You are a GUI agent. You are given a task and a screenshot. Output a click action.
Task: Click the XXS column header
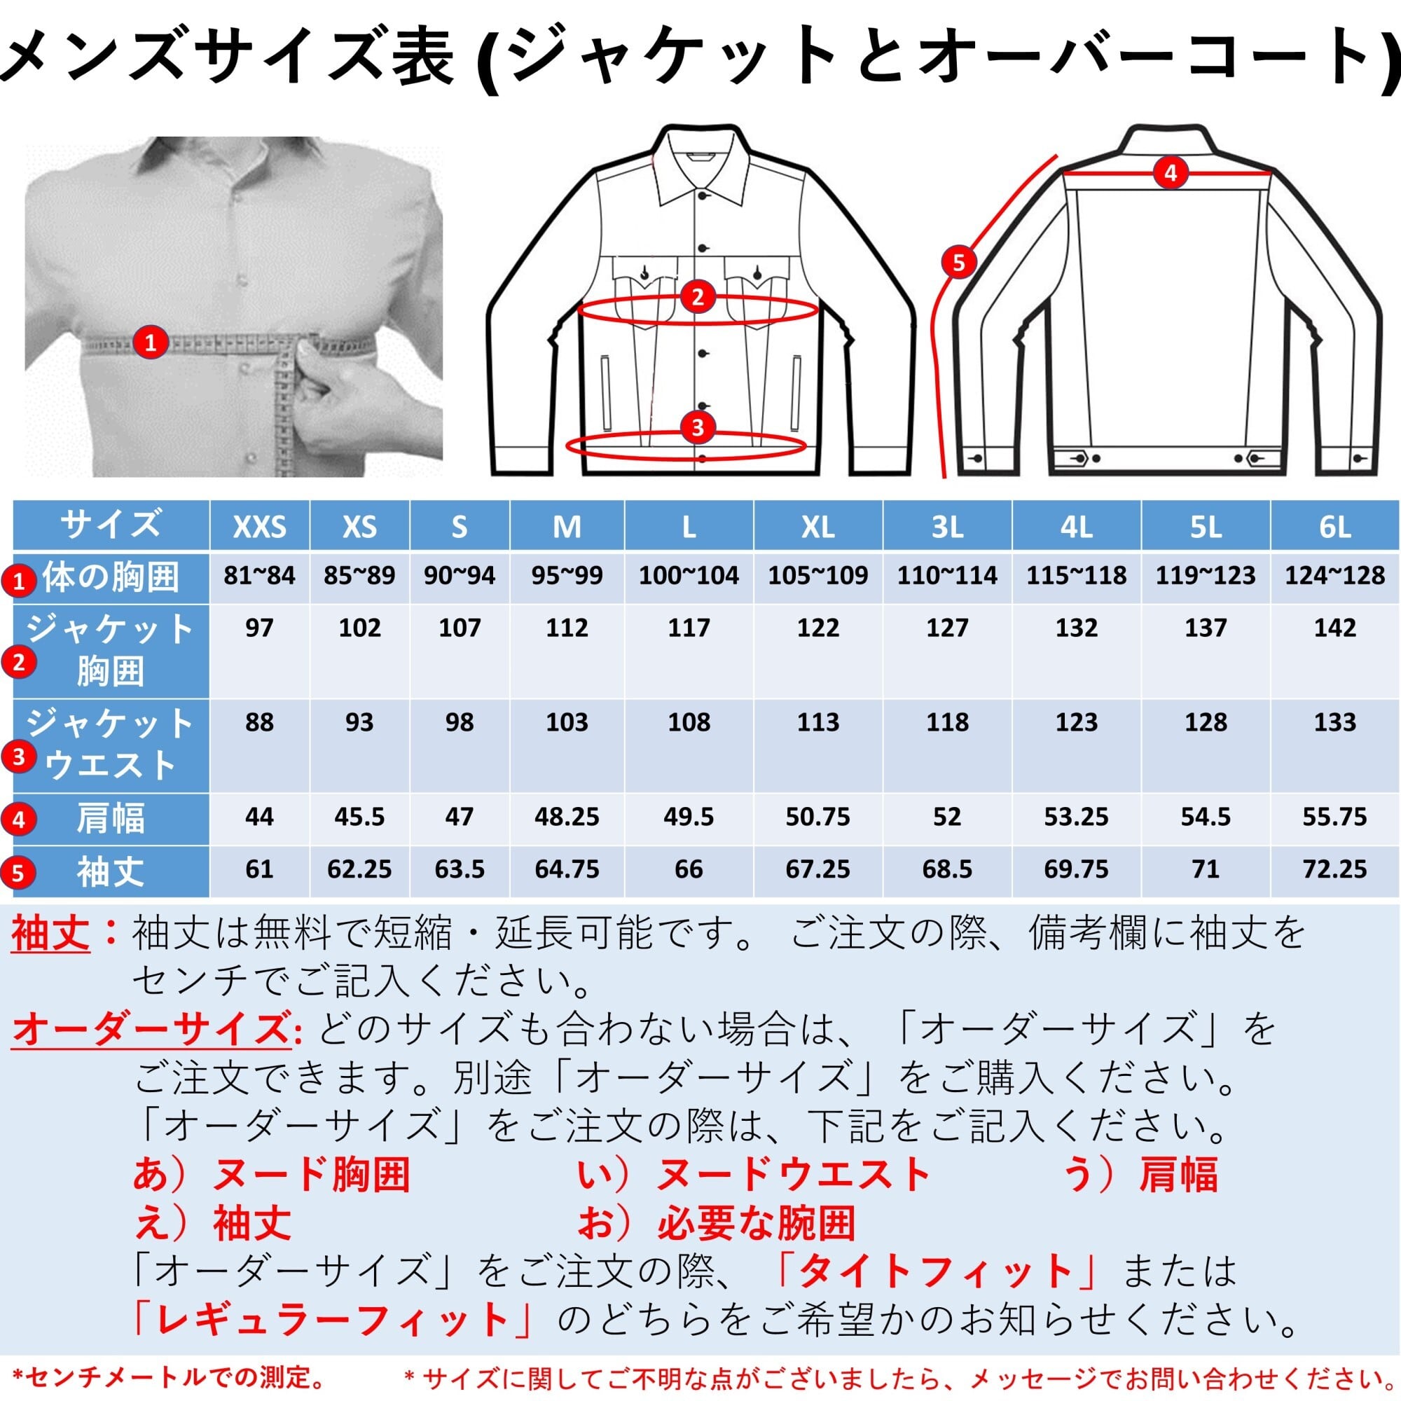(259, 527)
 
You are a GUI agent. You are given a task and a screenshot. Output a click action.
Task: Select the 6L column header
(1335, 527)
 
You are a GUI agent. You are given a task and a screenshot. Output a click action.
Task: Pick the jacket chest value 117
(688, 628)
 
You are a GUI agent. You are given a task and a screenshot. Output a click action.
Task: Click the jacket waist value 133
(1335, 722)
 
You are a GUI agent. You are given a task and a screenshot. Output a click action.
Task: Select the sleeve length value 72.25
(1335, 869)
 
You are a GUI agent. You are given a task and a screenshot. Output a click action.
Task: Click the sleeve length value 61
(259, 869)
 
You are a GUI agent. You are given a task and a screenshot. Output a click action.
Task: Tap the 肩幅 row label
(110, 819)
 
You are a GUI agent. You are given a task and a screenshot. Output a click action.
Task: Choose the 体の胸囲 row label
(110, 577)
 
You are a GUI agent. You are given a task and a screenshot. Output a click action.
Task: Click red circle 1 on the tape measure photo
(150, 342)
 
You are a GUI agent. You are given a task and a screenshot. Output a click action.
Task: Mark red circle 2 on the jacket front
(698, 296)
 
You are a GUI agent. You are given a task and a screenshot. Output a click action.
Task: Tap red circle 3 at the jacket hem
(698, 428)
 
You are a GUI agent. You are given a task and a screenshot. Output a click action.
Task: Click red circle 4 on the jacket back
(1171, 173)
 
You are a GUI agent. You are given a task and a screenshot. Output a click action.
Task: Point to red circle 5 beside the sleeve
(959, 262)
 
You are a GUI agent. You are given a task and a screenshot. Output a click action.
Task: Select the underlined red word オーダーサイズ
(151, 1029)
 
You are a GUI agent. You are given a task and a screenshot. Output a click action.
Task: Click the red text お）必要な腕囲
(717, 1223)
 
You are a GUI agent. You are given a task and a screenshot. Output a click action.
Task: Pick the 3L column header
(947, 527)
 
